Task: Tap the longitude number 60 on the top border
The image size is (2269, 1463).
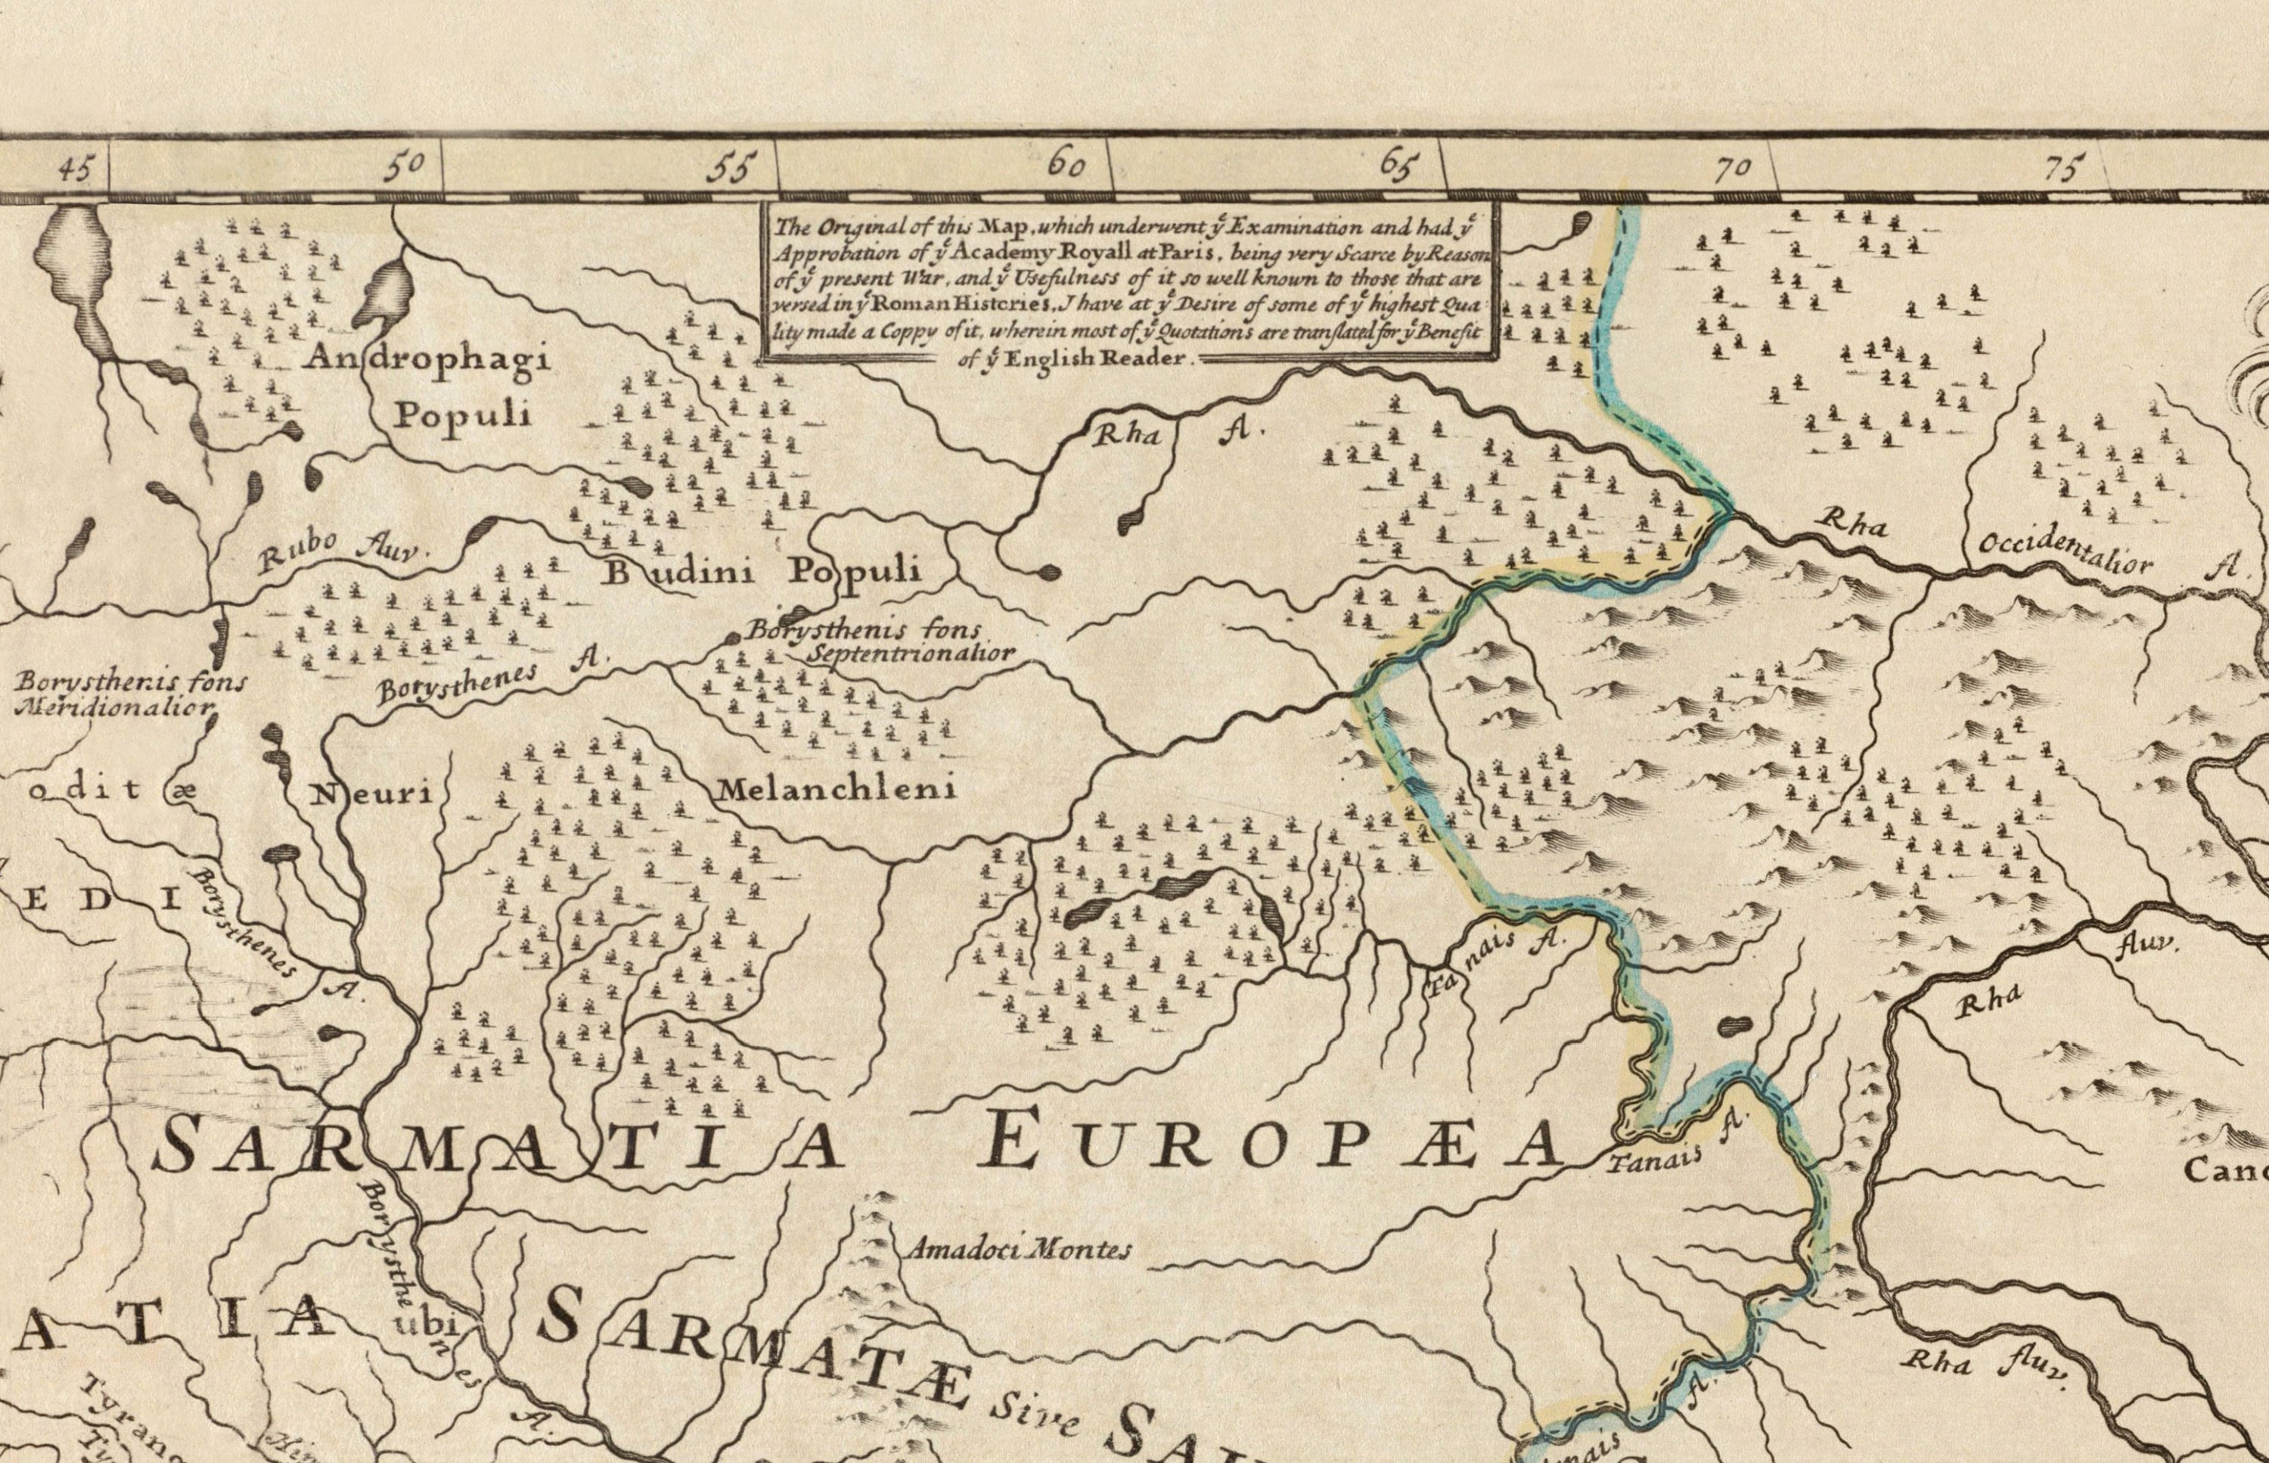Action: [x=1066, y=166]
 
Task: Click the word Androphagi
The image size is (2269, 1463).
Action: [x=430, y=360]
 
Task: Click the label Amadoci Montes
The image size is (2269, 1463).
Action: [x=1017, y=1249]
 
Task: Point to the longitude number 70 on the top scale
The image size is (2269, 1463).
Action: [x=1731, y=169]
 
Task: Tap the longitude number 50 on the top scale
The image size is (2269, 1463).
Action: [x=405, y=166]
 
